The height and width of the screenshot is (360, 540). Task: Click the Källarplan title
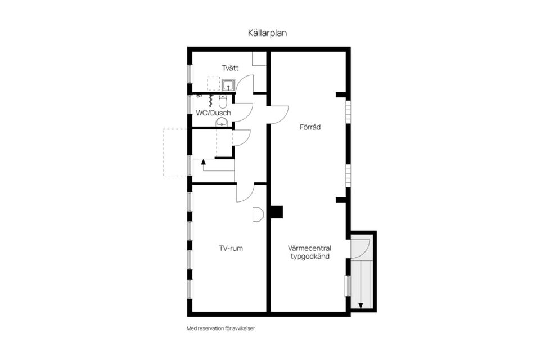click(267, 33)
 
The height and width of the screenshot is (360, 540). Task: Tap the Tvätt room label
click(230, 68)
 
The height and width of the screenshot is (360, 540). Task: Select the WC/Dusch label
click(214, 112)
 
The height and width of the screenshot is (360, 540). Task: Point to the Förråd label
click(310, 127)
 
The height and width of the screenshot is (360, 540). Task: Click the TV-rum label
click(231, 249)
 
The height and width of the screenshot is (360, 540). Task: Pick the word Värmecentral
click(309, 248)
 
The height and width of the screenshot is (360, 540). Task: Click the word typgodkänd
click(310, 256)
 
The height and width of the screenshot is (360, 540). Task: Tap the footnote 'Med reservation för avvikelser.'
click(221, 328)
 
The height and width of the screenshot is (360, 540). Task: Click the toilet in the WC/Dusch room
click(223, 102)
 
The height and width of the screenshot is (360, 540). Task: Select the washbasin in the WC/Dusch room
click(222, 121)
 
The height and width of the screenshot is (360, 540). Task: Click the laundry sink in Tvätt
click(228, 85)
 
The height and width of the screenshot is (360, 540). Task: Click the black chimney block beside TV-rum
click(276, 212)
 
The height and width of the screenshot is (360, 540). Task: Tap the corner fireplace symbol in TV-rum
click(258, 214)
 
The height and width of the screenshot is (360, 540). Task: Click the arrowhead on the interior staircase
click(203, 161)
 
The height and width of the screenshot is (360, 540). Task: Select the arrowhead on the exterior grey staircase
click(361, 305)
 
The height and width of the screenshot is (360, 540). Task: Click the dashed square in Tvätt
click(214, 84)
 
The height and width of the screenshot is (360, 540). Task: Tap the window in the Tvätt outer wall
click(190, 74)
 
